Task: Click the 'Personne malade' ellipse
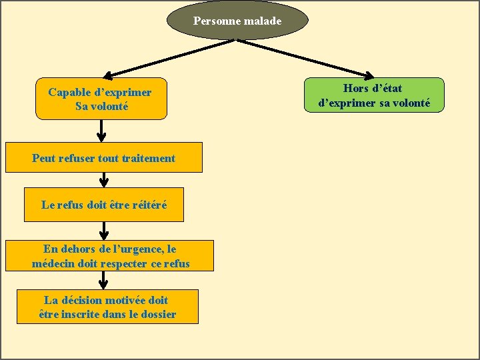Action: pyautogui.click(x=238, y=21)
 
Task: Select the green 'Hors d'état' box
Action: pyautogui.click(x=373, y=95)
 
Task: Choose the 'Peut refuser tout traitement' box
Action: pyautogui.click(x=103, y=158)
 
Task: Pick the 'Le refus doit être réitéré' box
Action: pyautogui.click(x=103, y=205)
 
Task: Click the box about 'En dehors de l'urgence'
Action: pyautogui.click(x=111, y=256)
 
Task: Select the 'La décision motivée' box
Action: pyautogui.click(x=107, y=307)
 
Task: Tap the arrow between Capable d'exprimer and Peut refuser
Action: pyautogui.click(x=101, y=131)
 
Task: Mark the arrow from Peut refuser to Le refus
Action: pyautogui.click(x=104, y=180)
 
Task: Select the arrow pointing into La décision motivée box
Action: pyautogui.click(x=104, y=281)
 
